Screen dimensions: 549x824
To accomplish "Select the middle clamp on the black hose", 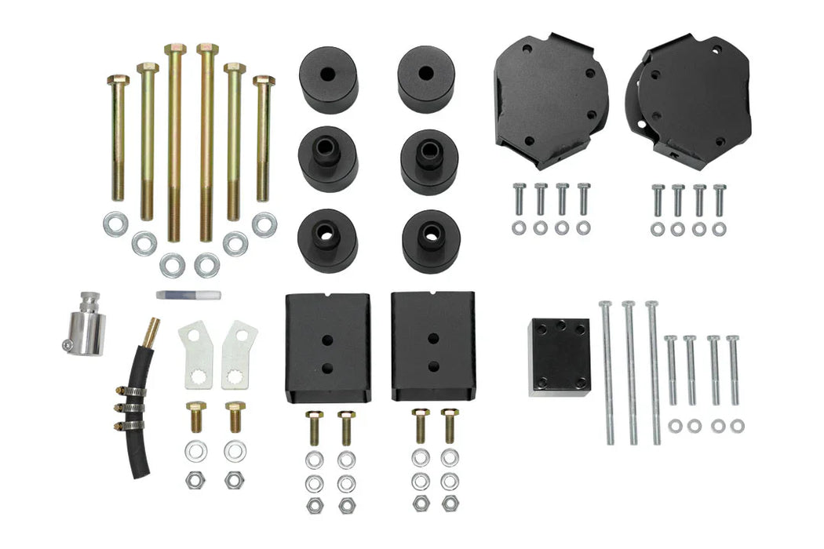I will (130, 407).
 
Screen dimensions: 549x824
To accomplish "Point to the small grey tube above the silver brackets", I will (188, 295).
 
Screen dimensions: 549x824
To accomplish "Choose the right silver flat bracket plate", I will (238, 355).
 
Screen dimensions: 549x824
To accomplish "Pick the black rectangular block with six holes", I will (559, 356).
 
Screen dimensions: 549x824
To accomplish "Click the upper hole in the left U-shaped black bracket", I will (327, 340).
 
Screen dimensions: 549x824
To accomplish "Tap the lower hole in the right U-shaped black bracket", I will (432, 365).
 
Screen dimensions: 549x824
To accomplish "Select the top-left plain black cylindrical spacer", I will (328, 78).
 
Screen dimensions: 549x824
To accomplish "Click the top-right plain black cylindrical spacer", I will (426, 78).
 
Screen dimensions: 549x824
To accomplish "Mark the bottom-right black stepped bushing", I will (430, 241).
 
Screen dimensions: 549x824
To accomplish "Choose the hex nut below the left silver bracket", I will (195, 480).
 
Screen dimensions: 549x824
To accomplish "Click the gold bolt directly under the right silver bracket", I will (235, 418).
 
